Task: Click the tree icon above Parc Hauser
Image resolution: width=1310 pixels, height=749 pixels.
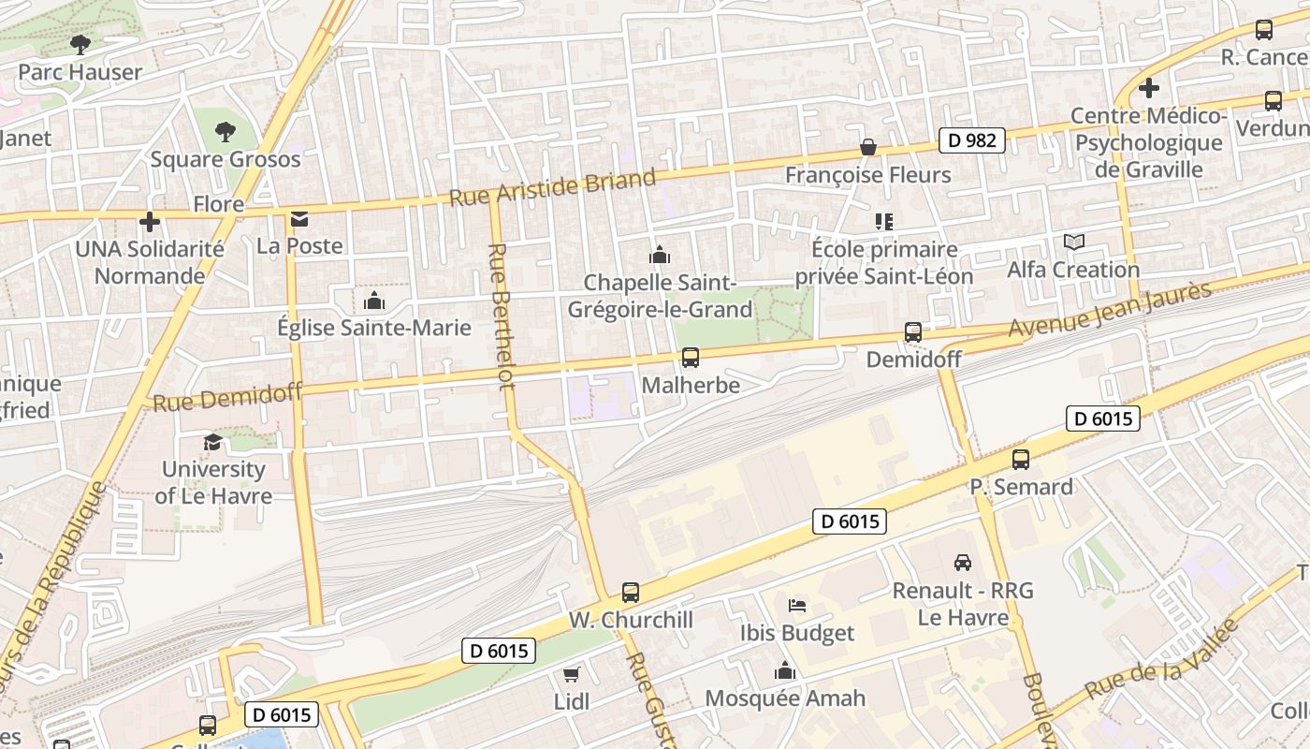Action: [80, 44]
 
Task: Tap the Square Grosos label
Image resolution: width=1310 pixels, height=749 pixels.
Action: [226, 159]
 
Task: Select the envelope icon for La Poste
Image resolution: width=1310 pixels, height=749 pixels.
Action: [299, 219]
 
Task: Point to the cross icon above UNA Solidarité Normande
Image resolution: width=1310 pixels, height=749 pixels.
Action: [149, 222]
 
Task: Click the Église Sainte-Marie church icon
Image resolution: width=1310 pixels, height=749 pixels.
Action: [374, 301]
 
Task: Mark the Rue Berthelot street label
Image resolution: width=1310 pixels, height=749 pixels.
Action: [502, 316]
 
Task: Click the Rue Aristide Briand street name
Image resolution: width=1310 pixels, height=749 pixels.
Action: [552, 188]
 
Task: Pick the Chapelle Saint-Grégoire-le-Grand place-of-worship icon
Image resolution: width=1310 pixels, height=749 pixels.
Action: [660, 255]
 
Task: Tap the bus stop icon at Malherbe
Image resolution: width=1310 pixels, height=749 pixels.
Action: [691, 357]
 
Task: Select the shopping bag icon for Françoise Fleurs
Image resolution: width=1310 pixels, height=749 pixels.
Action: [868, 147]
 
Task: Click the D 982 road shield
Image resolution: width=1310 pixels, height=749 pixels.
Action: [972, 140]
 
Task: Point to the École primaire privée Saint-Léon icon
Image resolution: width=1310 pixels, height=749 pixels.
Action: [884, 222]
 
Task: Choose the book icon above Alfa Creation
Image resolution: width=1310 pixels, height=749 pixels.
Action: [1073, 242]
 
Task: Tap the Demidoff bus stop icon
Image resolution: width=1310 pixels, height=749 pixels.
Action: [912, 331]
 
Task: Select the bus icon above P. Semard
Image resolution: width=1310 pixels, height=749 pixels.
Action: [1020, 460]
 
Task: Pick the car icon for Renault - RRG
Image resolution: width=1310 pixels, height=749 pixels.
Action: [962, 563]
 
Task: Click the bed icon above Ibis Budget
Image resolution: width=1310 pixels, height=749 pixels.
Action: [797, 605]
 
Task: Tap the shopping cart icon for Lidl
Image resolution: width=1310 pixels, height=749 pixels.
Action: [571, 674]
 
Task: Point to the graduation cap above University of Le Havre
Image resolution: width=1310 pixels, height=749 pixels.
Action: [213, 442]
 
